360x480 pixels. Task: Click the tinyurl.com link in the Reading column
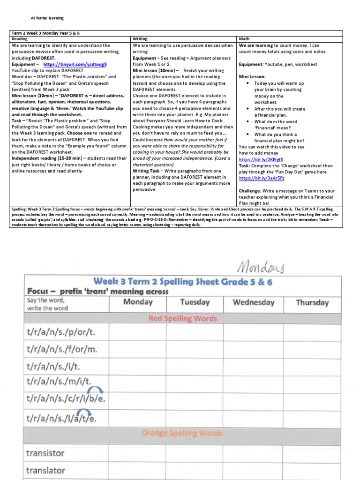(75, 64)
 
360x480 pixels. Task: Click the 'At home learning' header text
(47, 18)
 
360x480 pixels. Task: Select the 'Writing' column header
(140, 39)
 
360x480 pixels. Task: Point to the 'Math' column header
(244, 39)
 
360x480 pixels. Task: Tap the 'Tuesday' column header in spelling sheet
(195, 302)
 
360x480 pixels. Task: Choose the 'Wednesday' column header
(253, 302)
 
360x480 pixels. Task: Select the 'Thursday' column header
(312, 302)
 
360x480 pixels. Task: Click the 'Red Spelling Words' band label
(182, 319)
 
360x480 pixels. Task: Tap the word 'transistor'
(45, 453)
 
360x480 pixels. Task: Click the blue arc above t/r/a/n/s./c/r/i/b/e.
(95, 390)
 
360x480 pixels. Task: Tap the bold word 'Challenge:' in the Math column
(251, 191)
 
